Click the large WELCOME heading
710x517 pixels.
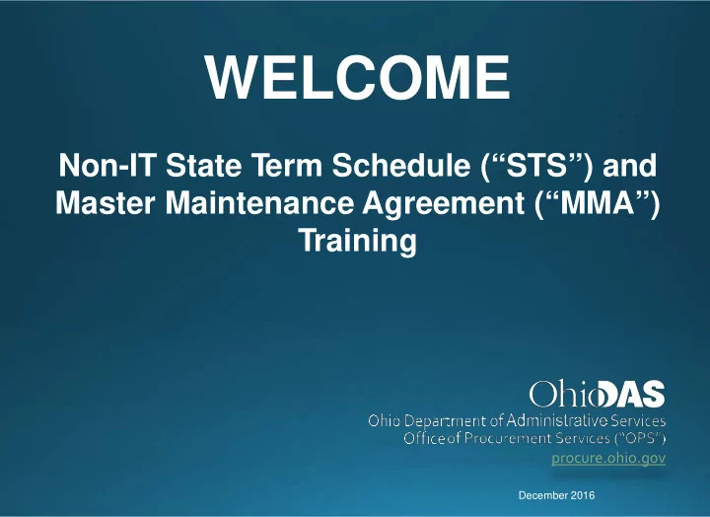pos(358,77)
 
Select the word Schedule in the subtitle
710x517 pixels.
pos(401,165)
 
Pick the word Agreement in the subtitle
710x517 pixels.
pos(443,205)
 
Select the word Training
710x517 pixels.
pos(357,242)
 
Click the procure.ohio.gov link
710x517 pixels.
pos(608,458)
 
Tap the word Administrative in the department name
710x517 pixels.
pos(557,420)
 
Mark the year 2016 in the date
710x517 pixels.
pos(583,495)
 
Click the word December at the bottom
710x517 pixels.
pos(543,495)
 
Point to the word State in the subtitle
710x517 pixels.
pos(203,165)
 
